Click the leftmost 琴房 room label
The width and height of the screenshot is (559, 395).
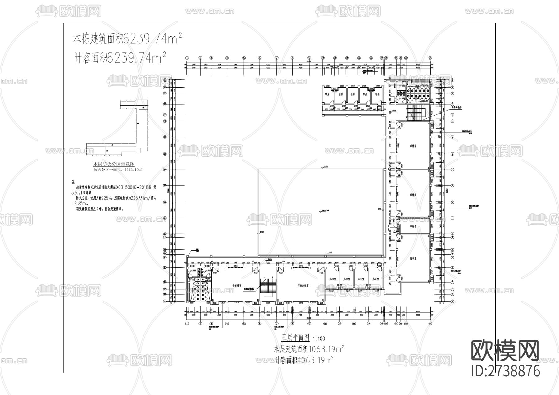327,94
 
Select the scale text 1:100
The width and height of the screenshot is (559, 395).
319,338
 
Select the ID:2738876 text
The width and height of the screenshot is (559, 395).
506,371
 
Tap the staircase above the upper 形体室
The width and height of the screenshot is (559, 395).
413,112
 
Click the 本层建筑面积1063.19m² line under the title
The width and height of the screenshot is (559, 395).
308,349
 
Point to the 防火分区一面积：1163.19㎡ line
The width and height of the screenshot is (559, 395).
118,170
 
